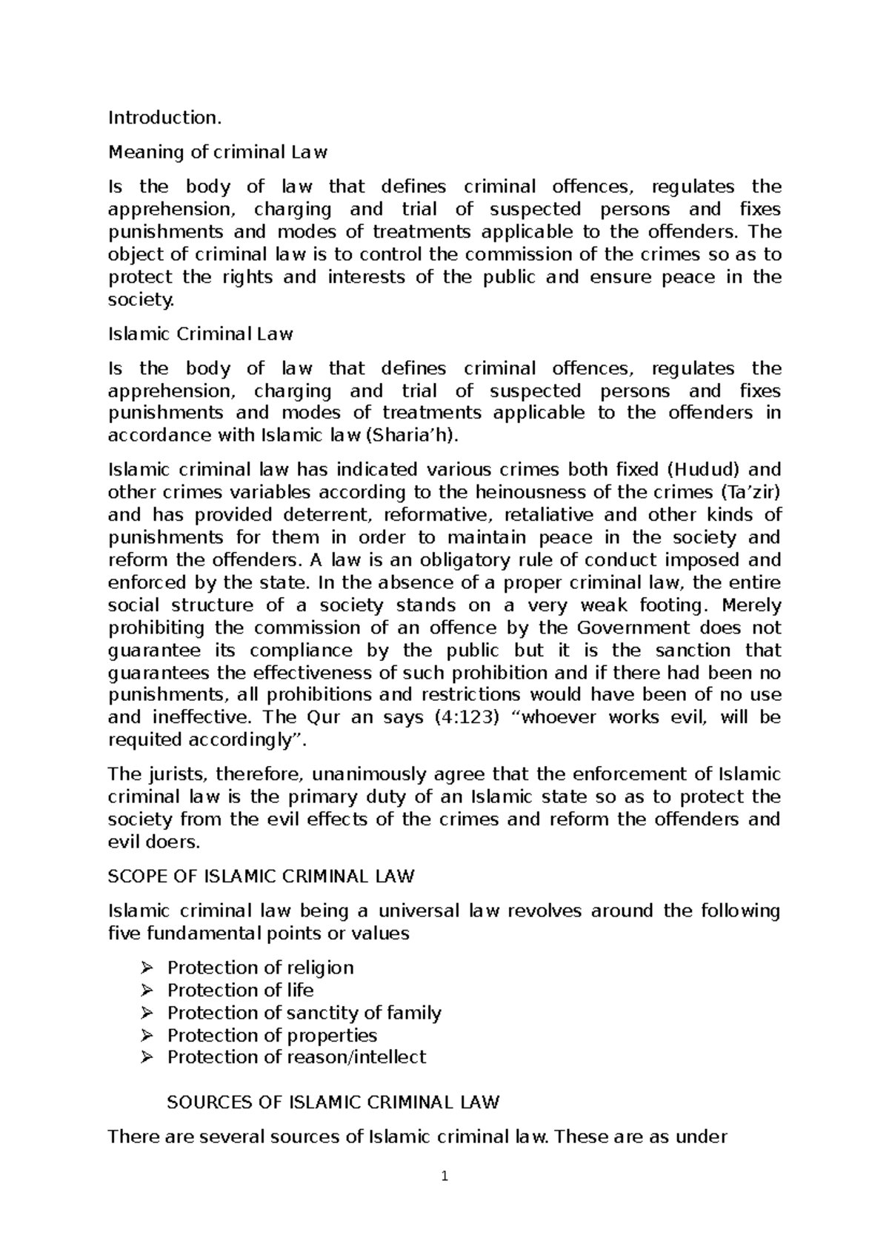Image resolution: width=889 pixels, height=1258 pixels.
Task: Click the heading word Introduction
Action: (164, 118)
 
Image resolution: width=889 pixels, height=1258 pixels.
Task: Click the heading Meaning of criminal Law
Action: (218, 153)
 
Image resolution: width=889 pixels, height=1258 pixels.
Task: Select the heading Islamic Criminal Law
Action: (201, 334)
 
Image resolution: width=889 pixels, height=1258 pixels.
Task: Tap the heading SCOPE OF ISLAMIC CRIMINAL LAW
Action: (261, 876)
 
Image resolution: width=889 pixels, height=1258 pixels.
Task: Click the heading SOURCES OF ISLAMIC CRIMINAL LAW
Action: (333, 1102)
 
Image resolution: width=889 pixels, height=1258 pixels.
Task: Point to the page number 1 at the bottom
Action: (444, 1176)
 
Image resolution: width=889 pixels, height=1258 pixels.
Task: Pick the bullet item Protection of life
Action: (240, 991)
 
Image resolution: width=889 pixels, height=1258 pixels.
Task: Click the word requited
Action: (145, 740)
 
